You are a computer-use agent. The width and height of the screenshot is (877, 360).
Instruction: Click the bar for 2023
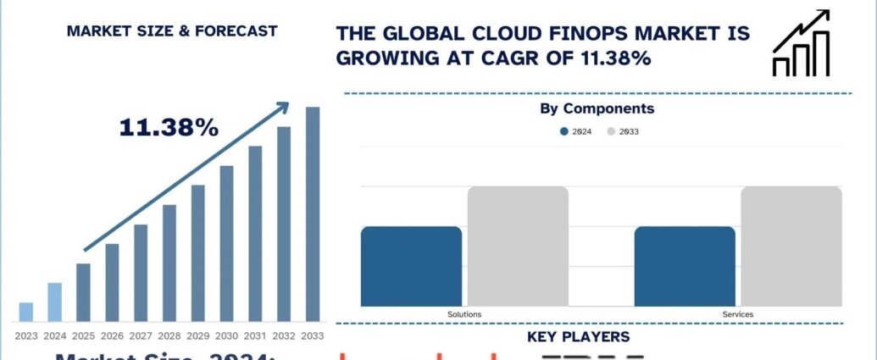pos(26,313)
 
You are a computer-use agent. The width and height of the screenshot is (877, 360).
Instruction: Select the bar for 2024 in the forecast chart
pos(55,302)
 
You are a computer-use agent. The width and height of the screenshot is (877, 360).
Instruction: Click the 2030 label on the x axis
pos(226,336)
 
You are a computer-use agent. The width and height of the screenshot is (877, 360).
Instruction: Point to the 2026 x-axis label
pos(112,336)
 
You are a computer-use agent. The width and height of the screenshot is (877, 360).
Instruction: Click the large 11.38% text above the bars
pos(169,128)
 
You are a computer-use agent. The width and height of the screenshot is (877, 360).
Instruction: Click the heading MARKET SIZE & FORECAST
pos(172,31)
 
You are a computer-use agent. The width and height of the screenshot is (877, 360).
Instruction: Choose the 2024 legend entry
pos(575,131)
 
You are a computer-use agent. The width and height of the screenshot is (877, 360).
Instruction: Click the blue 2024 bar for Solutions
pos(411,266)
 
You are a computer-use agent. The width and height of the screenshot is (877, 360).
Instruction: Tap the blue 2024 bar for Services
pos(685,266)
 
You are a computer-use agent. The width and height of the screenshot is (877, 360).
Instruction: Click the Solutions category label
pos(464,314)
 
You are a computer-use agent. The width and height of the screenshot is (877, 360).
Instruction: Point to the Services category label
pos(737,314)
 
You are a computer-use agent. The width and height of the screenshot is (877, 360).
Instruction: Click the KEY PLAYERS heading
pos(578,337)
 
